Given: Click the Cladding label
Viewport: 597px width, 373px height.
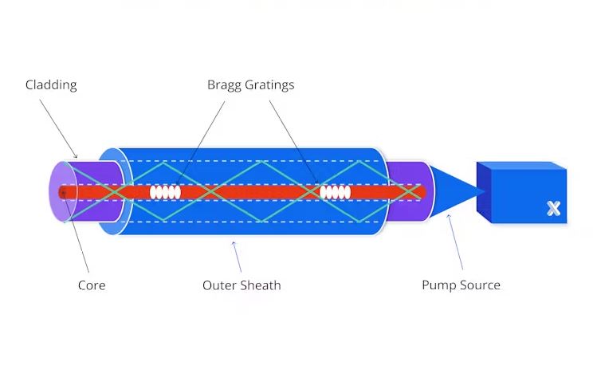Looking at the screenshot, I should [51, 84].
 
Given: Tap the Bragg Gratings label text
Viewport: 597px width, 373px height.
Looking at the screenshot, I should [250, 84].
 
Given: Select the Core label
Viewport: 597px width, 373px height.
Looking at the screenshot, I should [91, 285].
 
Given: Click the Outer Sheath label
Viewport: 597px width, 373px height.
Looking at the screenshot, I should [242, 285].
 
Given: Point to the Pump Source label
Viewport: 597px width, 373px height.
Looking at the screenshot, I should [461, 285].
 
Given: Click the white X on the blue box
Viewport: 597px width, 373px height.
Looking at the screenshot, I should [553, 208].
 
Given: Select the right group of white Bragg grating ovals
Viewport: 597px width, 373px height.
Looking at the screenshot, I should [334, 192].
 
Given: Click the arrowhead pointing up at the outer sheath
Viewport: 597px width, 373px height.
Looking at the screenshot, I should [234, 242].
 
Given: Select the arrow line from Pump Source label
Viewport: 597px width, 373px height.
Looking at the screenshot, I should [456, 243].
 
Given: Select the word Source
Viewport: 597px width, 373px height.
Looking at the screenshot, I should [479, 285].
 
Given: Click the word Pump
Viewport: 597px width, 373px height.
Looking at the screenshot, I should [438, 285].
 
